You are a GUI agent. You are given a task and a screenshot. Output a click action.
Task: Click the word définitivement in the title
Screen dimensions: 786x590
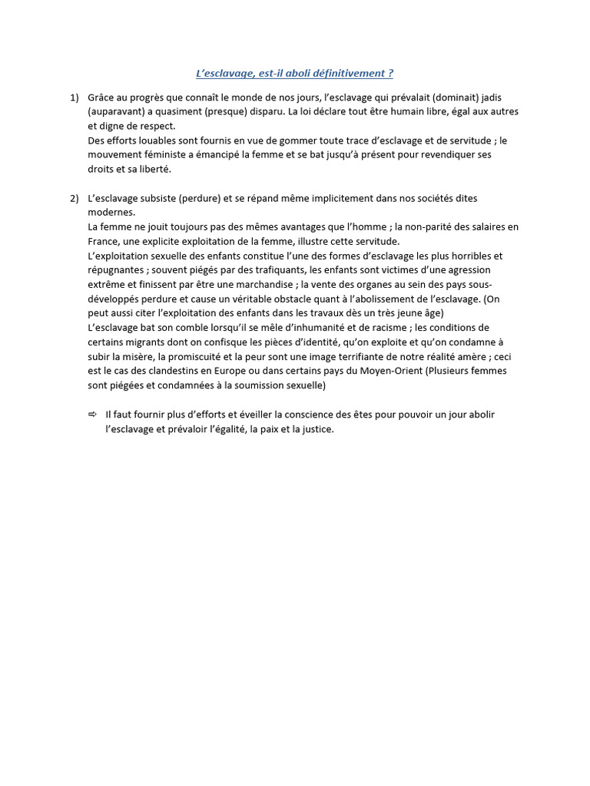[346, 73]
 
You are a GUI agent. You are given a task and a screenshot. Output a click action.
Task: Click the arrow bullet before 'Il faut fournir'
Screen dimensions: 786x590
[93, 414]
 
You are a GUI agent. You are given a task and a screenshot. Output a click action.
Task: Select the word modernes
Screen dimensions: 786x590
[111, 213]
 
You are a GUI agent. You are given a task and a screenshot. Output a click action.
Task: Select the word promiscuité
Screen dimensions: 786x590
[187, 356]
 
